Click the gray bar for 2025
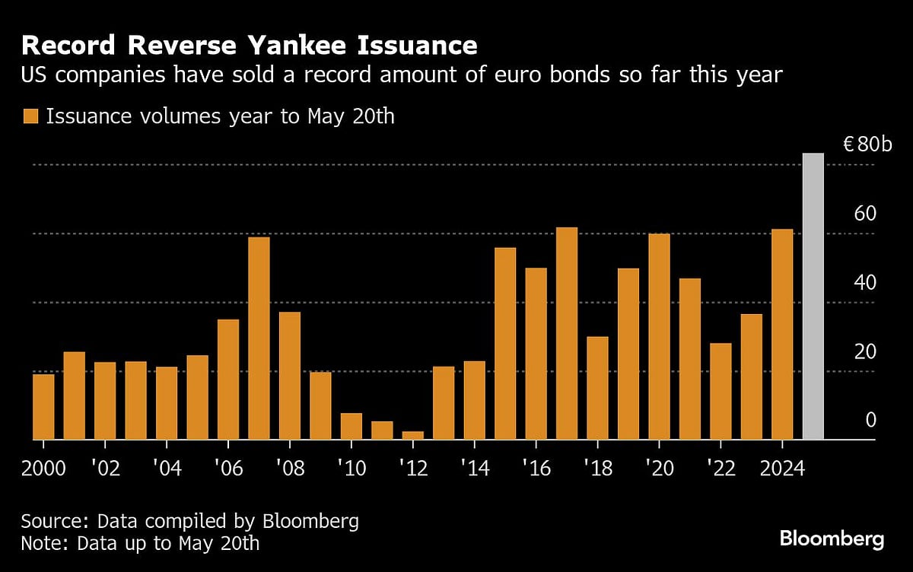click(813, 297)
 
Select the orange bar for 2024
click(782, 335)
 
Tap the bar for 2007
click(259, 338)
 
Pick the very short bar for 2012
click(413, 435)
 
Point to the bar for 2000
click(43, 407)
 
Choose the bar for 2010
click(352, 426)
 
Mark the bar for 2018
click(597, 388)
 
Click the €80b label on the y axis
click(867, 145)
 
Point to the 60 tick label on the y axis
click(865, 213)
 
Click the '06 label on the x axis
click(228, 467)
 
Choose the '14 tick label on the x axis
click(474, 467)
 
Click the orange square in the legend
click(30, 117)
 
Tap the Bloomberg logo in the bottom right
click(832, 539)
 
